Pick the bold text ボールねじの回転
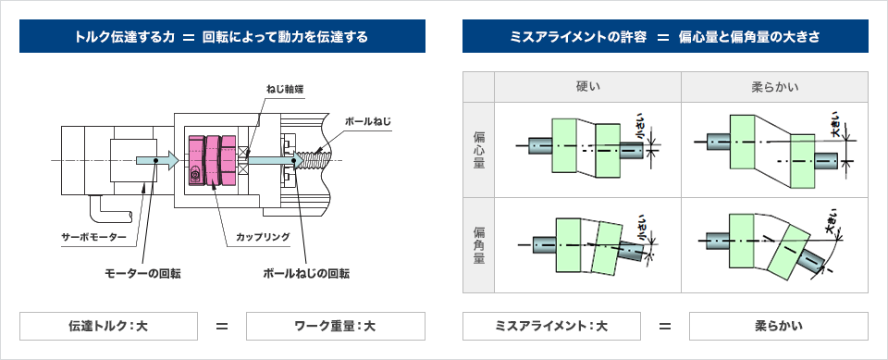click(x=306, y=273)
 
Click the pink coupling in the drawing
click(x=212, y=159)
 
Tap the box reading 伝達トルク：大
click(x=109, y=326)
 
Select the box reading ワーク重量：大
click(x=335, y=326)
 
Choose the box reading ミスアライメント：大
click(x=550, y=326)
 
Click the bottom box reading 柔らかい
click(x=778, y=326)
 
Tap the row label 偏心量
click(x=478, y=150)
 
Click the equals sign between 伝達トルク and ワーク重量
click(x=222, y=326)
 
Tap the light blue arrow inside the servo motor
click(x=152, y=160)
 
